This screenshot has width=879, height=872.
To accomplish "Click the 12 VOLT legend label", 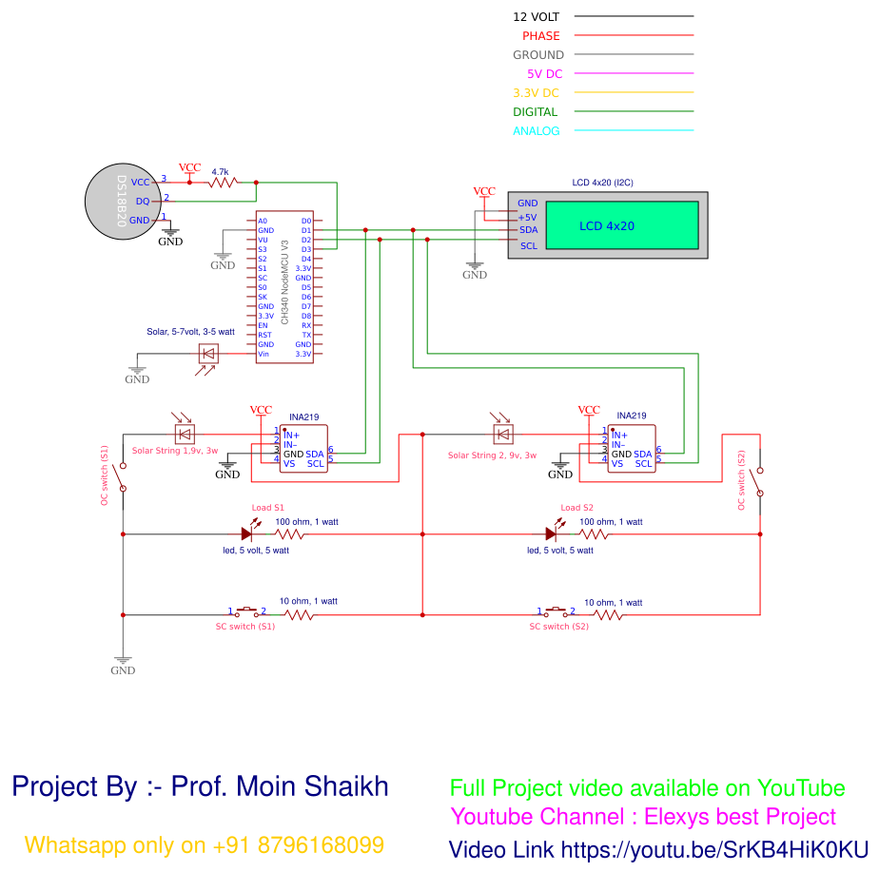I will point(537,17).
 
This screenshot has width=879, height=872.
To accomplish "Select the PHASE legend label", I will point(540,36).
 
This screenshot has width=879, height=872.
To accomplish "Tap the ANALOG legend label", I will point(537,131).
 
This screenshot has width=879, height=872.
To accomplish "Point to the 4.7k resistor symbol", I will point(225,182).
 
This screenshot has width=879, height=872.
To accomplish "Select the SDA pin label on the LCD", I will point(528,230).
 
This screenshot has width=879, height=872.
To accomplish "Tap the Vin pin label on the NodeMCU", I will point(264,354).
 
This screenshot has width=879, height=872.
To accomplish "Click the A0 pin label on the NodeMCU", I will point(263,221).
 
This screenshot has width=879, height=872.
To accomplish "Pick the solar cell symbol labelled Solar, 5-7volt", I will point(207,354).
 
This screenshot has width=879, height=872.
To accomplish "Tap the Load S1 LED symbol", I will point(246,534).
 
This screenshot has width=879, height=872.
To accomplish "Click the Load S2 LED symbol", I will point(552,534).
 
